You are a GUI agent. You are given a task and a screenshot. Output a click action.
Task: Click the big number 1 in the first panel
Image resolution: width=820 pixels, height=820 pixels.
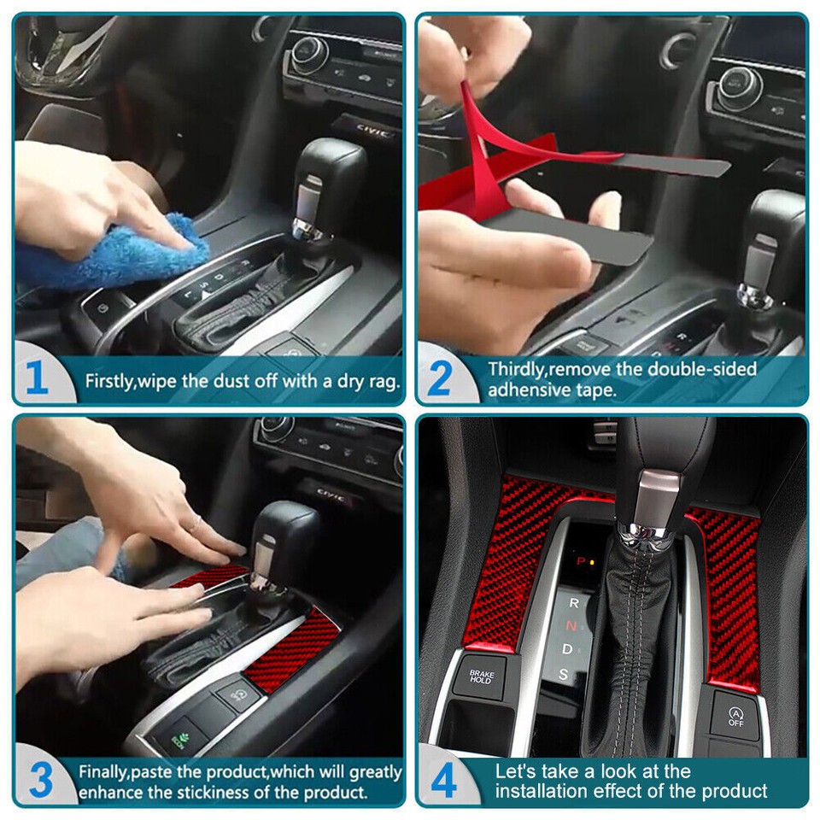pos(37,378)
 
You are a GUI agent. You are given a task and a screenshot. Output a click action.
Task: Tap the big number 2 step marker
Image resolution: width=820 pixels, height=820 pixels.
pos(438,378)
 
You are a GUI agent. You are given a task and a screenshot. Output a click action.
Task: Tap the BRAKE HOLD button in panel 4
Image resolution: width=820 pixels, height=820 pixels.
pos(481,676)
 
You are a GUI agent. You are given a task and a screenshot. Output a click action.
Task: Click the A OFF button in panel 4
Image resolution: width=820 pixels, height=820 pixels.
pos(735,716)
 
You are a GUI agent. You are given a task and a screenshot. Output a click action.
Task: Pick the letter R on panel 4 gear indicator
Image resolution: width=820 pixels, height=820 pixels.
pos(574,602)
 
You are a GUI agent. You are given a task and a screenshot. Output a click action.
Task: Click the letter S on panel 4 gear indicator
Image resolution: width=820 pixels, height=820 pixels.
pos(564,674)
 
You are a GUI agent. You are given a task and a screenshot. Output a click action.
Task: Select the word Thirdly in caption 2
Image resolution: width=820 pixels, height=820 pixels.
pos(517,369)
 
